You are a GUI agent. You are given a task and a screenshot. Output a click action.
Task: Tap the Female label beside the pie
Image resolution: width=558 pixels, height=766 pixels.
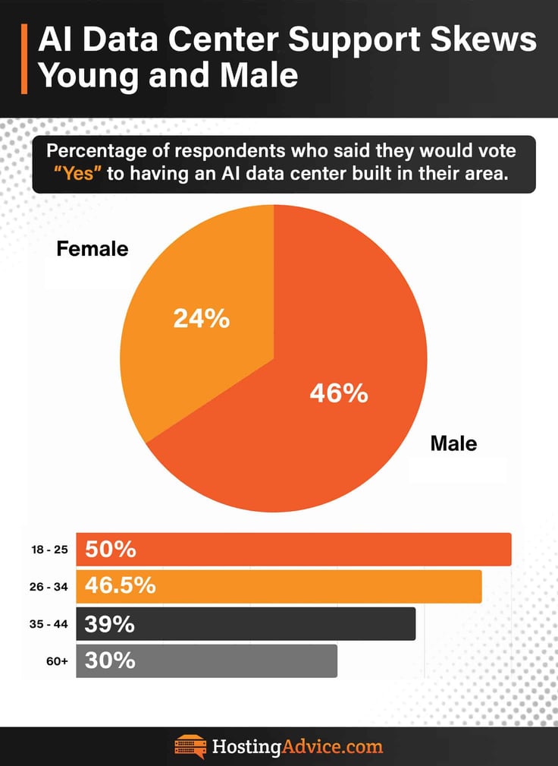93,249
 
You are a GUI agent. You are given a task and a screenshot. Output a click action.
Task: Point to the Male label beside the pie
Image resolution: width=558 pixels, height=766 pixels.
453,443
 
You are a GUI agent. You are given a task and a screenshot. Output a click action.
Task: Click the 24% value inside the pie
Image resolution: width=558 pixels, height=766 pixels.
201,319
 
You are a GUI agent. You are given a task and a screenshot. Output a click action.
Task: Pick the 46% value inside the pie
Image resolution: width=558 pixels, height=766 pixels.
338,393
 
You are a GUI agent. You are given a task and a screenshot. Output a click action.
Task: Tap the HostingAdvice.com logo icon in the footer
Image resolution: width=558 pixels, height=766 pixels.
190,746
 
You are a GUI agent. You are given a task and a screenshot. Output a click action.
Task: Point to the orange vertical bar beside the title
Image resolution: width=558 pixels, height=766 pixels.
24,59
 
